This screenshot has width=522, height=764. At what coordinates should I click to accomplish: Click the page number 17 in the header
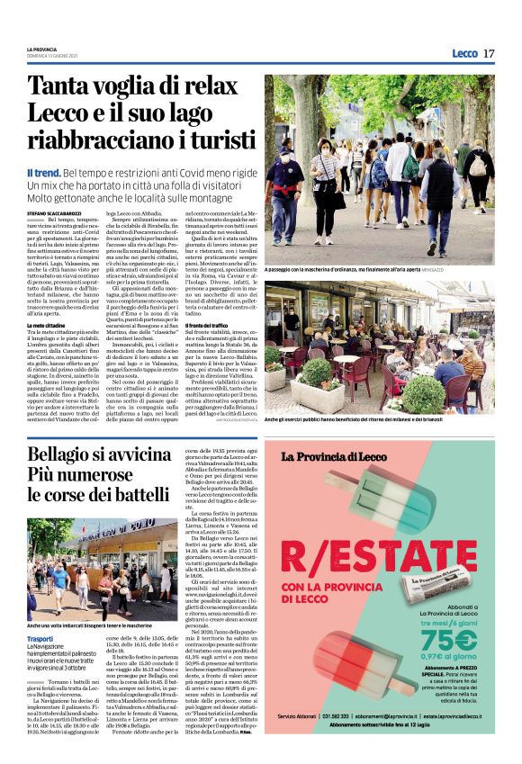click(488, 52)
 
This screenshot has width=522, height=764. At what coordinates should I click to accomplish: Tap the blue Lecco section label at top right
click(464, 53)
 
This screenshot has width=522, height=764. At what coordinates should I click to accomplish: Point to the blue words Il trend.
click(42, 172)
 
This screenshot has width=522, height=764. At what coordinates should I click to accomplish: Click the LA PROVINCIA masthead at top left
click(42, 49)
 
